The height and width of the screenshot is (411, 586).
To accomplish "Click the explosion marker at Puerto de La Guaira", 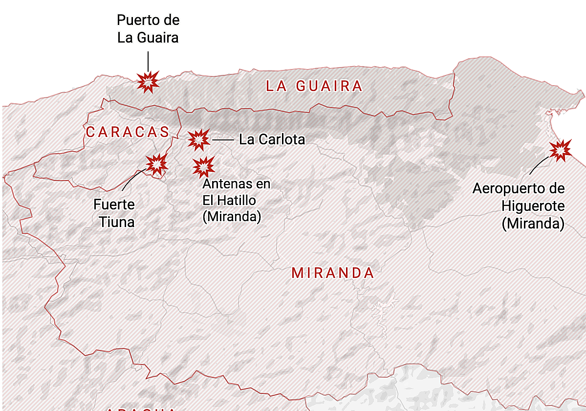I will (x=148, y=82).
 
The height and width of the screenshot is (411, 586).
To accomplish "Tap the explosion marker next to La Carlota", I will (x=199, y=140).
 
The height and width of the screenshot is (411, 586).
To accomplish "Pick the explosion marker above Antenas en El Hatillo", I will (x=203, y=167).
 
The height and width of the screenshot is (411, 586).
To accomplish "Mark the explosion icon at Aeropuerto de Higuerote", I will (x=560, y=150).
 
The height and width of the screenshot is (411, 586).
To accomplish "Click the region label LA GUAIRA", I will (x=314, y=87).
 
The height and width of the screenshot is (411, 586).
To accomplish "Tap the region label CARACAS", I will (x=128, y=132).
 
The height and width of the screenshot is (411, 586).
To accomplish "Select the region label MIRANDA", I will (x=333, y=273).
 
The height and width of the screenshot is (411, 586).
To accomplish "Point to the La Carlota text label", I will (x=272, y=139).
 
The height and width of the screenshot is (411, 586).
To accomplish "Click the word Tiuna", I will (x=117, y=222).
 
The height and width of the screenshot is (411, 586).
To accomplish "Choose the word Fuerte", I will (x=114, y=205).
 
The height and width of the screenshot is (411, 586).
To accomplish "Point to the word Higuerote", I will (x=533, y=205).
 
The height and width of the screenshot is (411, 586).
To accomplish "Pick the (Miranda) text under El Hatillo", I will (x=232, y=217).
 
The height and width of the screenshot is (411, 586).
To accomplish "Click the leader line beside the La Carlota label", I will (x=223, y=140).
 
